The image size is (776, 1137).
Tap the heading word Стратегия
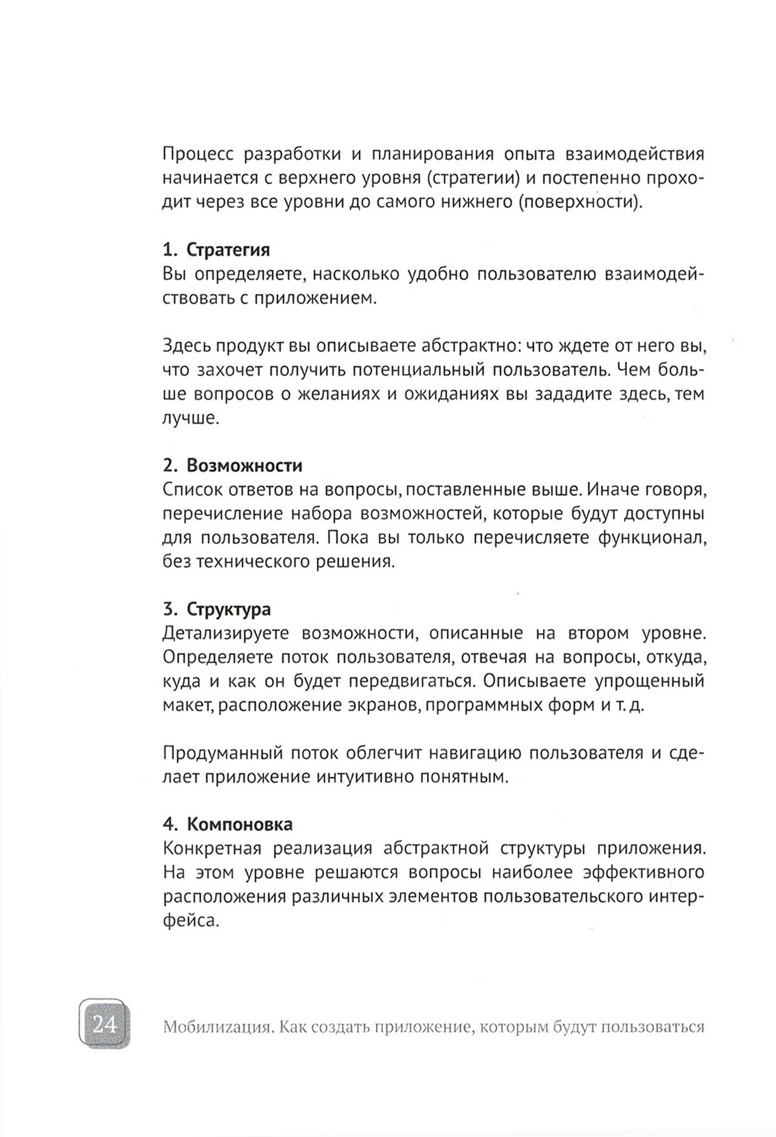point(228,250)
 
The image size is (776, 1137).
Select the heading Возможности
point(244,465)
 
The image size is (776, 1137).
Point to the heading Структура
point(228,609)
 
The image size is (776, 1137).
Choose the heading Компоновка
point(239,824)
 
